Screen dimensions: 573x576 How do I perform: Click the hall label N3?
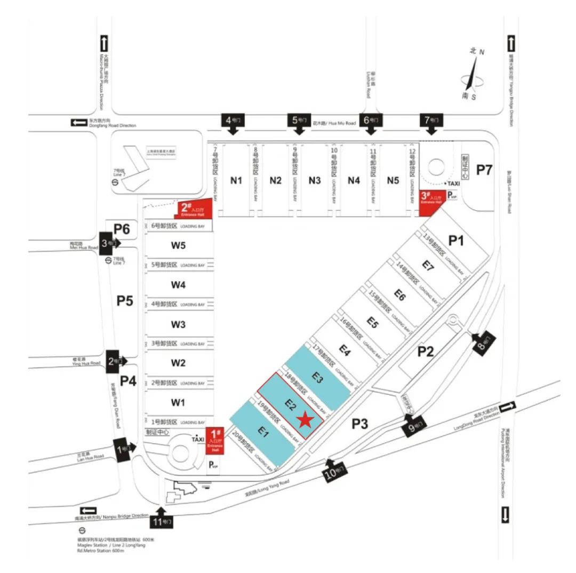(x=315, y=180)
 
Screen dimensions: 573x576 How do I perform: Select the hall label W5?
(x=178, y=246)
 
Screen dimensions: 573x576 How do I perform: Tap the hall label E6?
(x=400, y=294)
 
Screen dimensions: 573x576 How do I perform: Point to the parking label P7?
(x=485, y=170)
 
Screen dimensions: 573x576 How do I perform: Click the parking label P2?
(x=426, y=351)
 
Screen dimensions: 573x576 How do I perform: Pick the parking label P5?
(x=125, y=301)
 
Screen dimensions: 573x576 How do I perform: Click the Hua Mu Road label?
(x=334, y=123)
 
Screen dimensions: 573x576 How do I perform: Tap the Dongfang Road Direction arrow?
(x=79, y=123)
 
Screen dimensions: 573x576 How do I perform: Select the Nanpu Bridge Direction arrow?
(x=89, y=511)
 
